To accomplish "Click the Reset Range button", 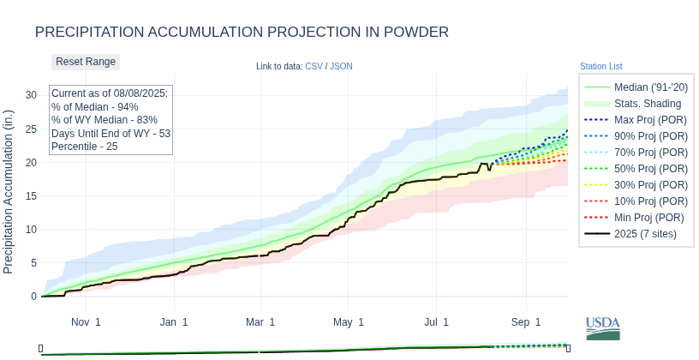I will [86, 62].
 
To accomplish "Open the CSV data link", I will [314, 66].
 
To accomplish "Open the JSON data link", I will [341, 66].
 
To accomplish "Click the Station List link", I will [600, 66].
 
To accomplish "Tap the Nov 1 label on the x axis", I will [86, 322].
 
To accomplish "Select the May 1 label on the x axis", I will [349, 322].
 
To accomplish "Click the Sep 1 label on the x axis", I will [526, 322].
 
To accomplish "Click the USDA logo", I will [603, 328].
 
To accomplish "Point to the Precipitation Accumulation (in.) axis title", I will [9, 192].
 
